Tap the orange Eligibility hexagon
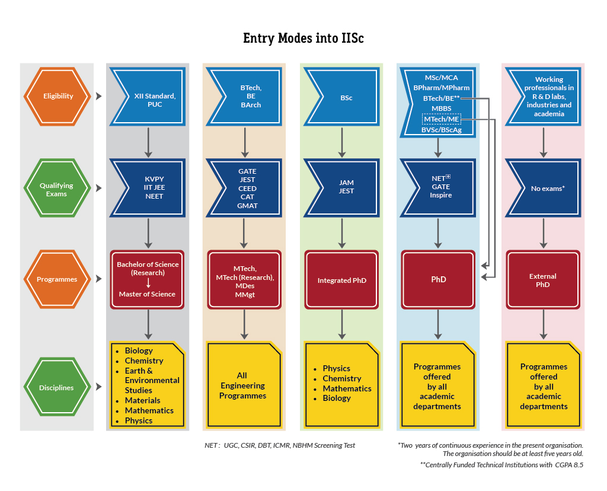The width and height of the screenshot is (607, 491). point(57,96)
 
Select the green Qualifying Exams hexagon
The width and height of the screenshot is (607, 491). point(57,189)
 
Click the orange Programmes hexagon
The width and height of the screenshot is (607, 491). point(57,279)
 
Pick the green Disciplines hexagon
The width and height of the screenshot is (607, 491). point(57,388)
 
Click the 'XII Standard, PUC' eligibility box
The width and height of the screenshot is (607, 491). point(148,100)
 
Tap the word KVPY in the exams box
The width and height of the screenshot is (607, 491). point(154,178)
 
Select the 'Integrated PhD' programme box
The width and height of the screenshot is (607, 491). point(342,280)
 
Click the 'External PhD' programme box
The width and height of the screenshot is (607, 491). point(542,280)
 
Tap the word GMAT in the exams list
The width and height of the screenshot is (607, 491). point(248,206)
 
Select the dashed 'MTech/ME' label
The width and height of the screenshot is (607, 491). point(441,119)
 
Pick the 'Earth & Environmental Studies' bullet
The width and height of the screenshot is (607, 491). point(152,380)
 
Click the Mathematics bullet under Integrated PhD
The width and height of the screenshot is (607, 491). point(347,388)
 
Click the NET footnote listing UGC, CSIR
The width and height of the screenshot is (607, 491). point(280,445)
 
